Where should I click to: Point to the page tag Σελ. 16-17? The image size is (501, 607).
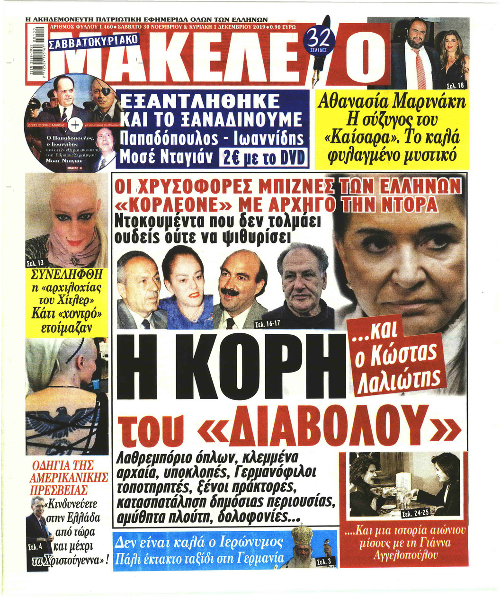point(267,324)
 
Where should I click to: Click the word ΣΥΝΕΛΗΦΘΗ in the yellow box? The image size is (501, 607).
point(66,276)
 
